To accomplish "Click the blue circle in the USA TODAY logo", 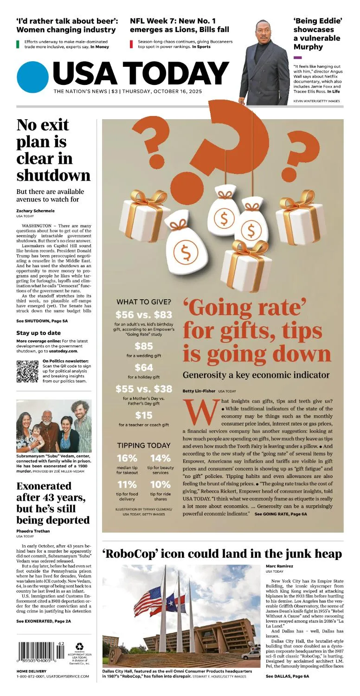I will (x=32, y=77).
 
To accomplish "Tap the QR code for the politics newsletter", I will (x=27, y=371).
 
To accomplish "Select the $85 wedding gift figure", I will (x=143, y=346).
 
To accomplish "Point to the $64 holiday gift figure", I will (x=143, y=368).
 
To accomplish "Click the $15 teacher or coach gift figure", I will (x=143, y=415).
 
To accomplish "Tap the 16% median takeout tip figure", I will (x=127, y=458).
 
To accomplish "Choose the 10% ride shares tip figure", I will (x=161, y=485).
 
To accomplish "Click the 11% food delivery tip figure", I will (x=127, y=485).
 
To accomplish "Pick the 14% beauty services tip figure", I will (x=161, y=458).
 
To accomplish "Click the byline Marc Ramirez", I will (x=279, y=566).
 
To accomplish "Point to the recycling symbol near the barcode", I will (x=80, y=646).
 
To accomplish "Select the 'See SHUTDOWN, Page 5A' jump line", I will (x=42, y=321).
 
